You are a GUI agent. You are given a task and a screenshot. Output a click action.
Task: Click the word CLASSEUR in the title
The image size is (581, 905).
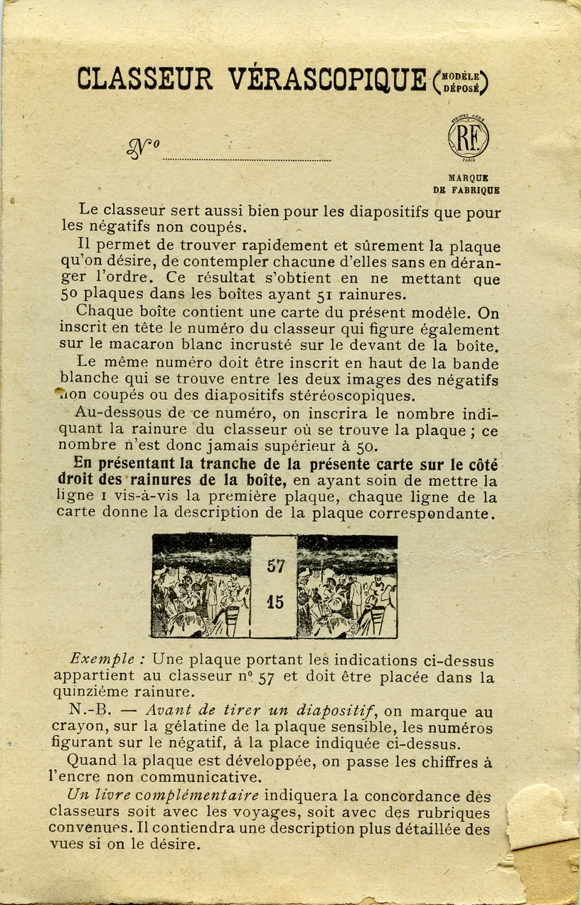(144, 79)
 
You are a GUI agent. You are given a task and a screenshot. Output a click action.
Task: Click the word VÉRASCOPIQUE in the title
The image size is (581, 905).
(328, 79)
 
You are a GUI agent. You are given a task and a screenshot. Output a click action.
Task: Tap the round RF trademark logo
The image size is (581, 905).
(469, 137)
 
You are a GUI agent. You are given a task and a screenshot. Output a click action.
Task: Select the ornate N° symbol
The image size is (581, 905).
(142, 147)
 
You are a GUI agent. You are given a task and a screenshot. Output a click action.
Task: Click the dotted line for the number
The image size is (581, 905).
(246, 160)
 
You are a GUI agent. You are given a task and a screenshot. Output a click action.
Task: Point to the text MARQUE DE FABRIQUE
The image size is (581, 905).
(467, 184)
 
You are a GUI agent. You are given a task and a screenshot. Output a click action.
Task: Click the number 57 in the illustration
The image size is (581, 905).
(275, 566)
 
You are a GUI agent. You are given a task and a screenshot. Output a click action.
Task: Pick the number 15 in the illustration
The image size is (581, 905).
(275, 602)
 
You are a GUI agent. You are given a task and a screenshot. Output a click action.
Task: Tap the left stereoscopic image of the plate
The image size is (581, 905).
(201, 586)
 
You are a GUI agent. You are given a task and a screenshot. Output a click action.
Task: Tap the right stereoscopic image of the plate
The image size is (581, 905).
(347, 586)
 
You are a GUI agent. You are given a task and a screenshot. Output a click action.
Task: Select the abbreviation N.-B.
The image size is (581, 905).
(88, 711)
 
